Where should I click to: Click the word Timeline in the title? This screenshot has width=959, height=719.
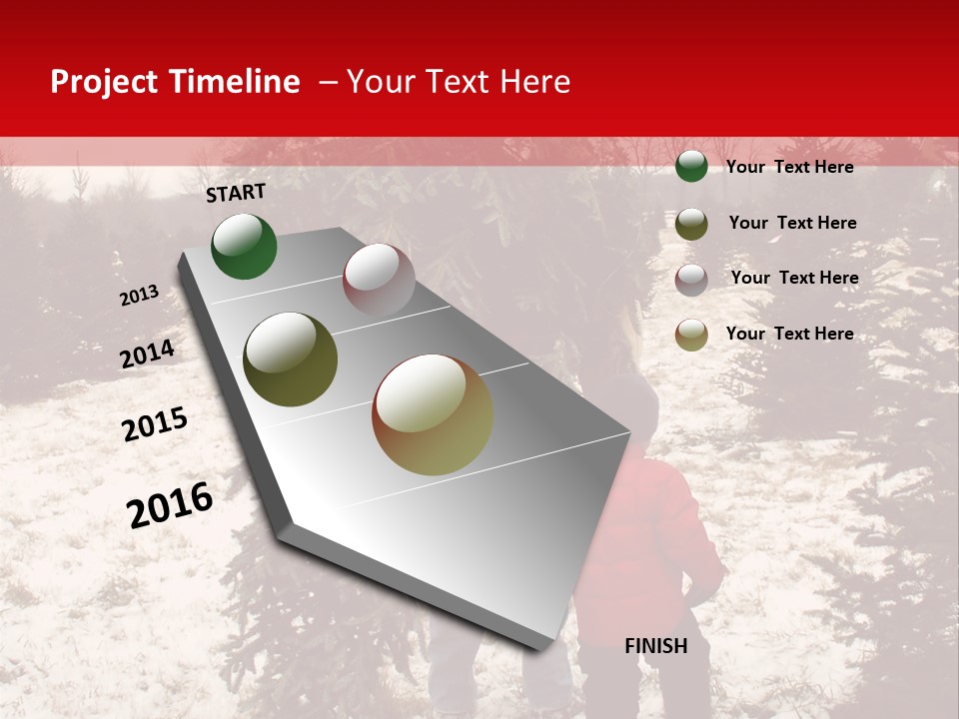tap(235, 82)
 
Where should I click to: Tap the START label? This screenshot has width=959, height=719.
tap(236, 193)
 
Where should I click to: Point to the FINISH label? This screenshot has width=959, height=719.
tap(655, 646)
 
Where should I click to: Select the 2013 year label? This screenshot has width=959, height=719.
tap(139, 296)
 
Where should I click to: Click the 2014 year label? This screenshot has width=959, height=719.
tap(147, 354)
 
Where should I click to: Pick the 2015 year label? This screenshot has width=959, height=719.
tap(155, 423)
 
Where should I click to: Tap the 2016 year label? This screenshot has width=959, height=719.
tap(170, 504)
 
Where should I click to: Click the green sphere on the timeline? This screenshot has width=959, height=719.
tap(244, 247)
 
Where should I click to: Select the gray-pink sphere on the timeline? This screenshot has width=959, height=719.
tap(379, 280)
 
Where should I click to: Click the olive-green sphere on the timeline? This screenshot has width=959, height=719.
tap(290, 359)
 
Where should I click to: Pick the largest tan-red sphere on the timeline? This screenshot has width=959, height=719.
tap(433, 414)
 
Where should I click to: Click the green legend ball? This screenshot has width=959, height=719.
tap(691, 167)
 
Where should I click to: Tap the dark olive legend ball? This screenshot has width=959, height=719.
tap(691, 224)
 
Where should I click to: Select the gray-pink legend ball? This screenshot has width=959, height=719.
tap(691, 279)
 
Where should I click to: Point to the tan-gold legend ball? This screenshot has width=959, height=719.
tap(691, 335)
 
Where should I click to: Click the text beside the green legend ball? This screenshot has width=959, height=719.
tap(789, 167)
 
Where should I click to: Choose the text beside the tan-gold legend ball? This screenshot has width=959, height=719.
tap(789, 334)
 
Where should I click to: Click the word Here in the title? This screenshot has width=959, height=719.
tap(534, 82)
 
